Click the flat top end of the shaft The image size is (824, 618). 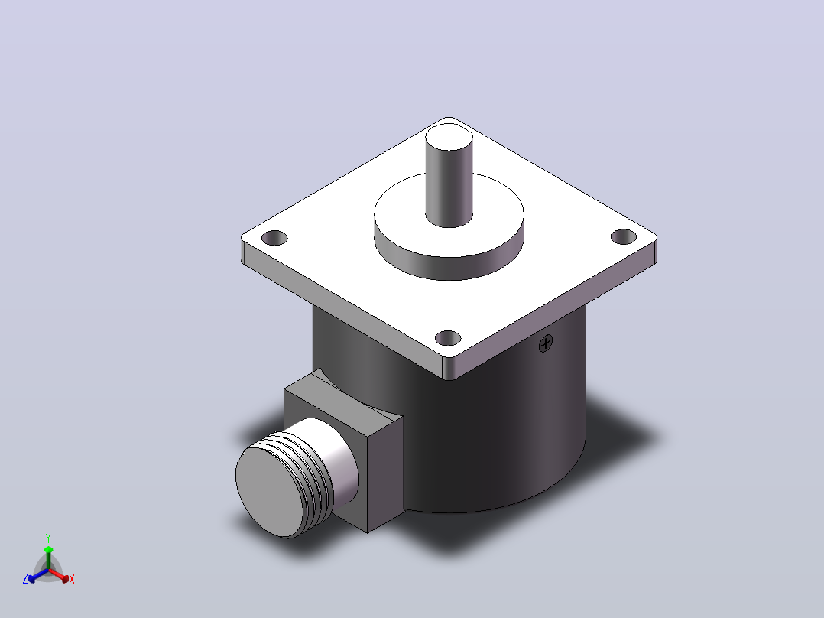(449, 137)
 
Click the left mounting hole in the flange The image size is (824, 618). (274, 238)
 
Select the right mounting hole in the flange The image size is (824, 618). (624, 236)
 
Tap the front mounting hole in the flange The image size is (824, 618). (448, 338)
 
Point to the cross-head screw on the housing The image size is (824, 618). (546, 343)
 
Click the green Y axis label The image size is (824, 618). (48, 538)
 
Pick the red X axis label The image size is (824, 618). (72, 579)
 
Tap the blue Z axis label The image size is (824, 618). (25, 579)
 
